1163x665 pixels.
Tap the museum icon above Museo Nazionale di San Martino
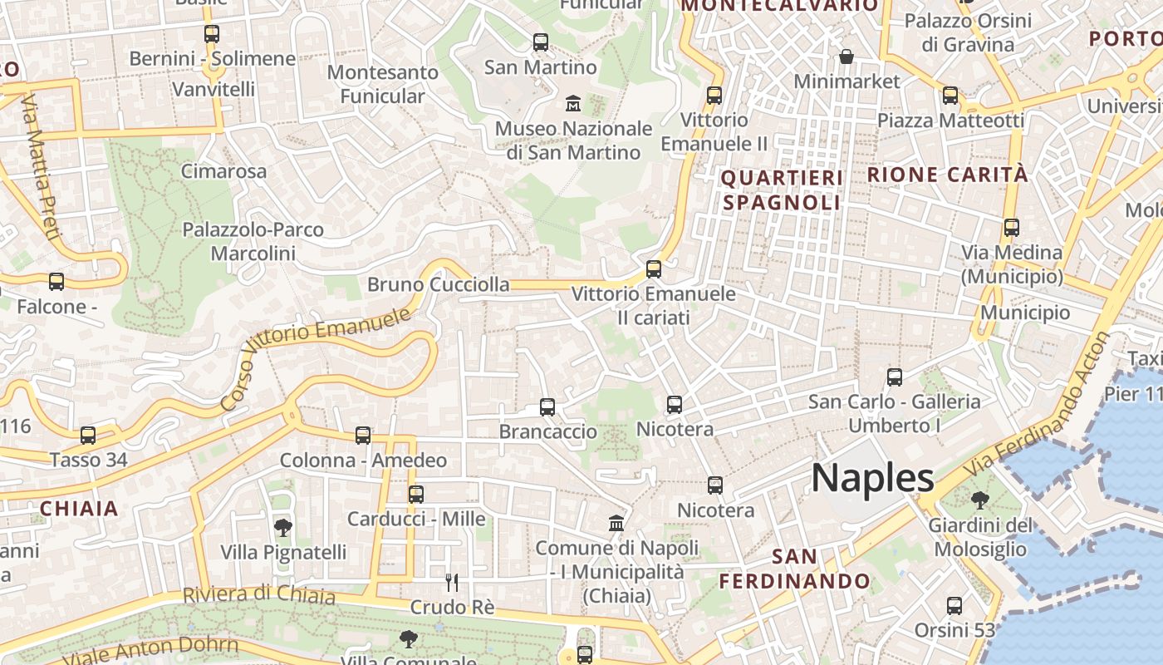(x=573, y=104)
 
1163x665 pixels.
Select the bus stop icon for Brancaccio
(x=547, y=407)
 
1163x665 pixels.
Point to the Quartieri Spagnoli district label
(x=782, y=190)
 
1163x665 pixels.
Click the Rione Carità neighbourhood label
(x=947, y=175)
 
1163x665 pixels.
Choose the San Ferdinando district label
(x=794, y=569)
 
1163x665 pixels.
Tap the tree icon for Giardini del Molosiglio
(x=980, y=500)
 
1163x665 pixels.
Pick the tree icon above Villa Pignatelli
(x=282, y=527)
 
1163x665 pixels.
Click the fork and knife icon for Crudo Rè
(x=452, y=582)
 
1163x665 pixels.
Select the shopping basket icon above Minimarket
(x=846, y=57)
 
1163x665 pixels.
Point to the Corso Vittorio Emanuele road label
(x=317, y=358)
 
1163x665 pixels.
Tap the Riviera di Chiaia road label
(x=259, y=595)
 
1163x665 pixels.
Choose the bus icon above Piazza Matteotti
(x=950, y=96)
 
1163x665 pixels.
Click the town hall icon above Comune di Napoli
(x=616, y=523)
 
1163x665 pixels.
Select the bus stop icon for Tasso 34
(x=87, y=435)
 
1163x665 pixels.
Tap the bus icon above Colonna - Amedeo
(x=363, y=435)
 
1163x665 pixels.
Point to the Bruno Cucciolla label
(x=439, y=284)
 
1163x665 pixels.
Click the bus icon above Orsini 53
(x=954, y=605)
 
